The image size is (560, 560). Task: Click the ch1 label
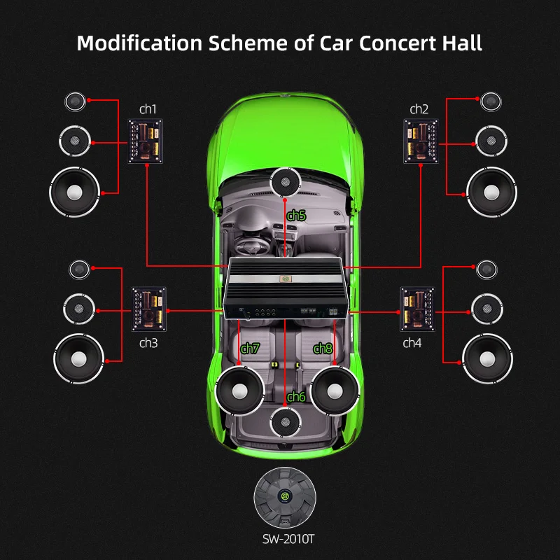click(x=148, y=109)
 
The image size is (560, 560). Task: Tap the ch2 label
click(x=419, y=109)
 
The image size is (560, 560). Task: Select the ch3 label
click(x=148, y=343)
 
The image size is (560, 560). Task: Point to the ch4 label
click(x=413, y=343)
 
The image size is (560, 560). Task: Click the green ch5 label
click(x=297, y=216)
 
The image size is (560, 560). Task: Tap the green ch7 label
click(x=250, y=348)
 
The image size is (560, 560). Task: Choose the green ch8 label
click(x=323, y=348)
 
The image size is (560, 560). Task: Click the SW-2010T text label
click(x=285, y=539)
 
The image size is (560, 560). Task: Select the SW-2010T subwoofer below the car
click(x=285, y=497)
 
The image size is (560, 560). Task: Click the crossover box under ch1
click(x=146, y=141)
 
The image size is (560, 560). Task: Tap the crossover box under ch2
click(x=421, y=141)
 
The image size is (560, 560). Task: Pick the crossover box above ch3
click(x=149, y=309)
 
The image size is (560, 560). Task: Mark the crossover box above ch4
click(x=417, y=309)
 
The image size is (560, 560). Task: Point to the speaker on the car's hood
click(x=285, y=182)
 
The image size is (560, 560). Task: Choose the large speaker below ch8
click(x=335, y=389)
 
